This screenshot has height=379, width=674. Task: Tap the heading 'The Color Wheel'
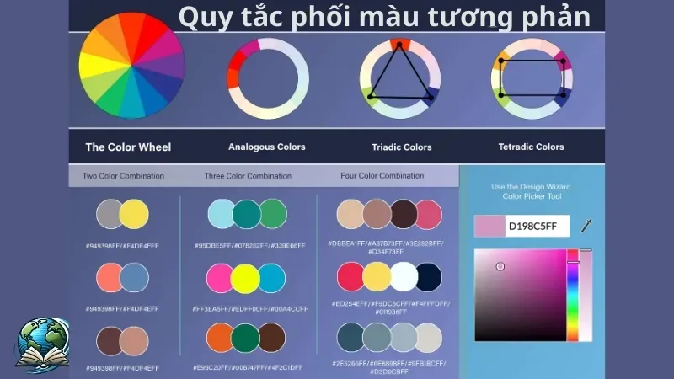pos(128,147)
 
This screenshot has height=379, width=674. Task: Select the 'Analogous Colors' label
pos(267,147)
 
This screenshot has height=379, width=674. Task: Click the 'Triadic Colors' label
pos(402,147)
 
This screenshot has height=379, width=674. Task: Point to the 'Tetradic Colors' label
pos(531,147)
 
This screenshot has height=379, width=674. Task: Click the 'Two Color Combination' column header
pos(124,176)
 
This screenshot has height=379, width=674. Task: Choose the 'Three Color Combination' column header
pos(248,176)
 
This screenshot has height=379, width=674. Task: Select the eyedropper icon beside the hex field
pos(587,225)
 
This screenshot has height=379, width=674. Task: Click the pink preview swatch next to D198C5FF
pos(489,226)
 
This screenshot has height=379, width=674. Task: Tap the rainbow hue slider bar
pos(572,295)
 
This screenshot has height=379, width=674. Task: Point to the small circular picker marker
pos(500,266)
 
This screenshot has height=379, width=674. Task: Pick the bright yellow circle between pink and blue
pos(245,277)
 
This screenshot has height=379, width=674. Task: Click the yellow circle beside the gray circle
pos(134,214)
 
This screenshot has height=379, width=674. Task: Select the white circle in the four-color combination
pos(404,276)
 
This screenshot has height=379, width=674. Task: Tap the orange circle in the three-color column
pos(219,337)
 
